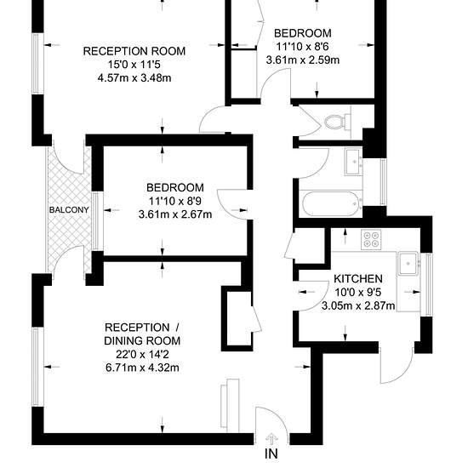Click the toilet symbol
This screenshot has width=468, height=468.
[338, 122]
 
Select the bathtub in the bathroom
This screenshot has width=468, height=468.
[331, 204]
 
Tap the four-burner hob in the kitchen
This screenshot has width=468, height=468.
[371, 239]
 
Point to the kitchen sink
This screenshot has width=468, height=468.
[408, 263]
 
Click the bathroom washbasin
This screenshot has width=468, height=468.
[354, 162]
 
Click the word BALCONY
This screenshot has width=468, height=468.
[69, 210]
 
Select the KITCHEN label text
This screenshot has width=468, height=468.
[358, 279]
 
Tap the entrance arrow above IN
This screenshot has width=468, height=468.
[271, 438]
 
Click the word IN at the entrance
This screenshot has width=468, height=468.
[271, 454]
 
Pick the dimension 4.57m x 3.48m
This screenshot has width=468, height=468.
[134, 78]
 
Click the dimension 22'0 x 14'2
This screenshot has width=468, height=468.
[142, 354]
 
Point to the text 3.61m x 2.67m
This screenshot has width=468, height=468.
[175, 214]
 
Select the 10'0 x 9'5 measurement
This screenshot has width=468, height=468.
[358, 292]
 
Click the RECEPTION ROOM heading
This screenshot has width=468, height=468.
[134, 51]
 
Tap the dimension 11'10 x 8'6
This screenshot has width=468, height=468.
[303, 47]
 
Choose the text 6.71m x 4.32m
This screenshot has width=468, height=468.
[142, 368]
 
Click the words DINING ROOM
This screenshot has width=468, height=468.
[142, 341]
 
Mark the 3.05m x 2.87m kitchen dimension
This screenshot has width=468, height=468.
[358, 305]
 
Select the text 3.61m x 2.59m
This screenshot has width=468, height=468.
[303, 60]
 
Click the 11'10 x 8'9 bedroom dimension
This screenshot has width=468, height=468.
[175, 201]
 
